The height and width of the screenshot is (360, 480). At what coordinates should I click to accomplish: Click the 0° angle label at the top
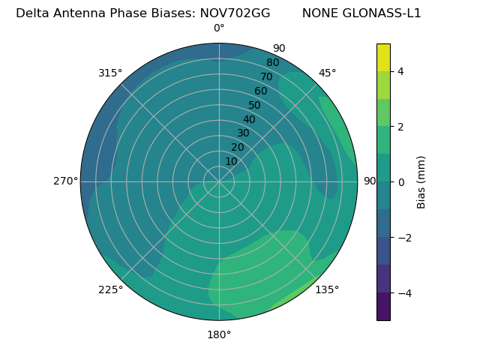coord(219,28)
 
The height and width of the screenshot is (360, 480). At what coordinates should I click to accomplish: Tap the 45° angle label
coord(327,73)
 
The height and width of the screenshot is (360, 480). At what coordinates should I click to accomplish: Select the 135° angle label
coord(327,289)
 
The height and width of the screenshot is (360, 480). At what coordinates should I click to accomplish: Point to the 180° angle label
coord(219,334)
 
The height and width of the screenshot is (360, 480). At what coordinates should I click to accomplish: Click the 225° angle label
coord(110,290)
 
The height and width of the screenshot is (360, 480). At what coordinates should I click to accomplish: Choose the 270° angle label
coord(65,181)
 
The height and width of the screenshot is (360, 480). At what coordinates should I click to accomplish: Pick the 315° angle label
coord(110,73)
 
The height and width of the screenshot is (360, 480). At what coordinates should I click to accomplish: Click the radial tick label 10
coord(231,161)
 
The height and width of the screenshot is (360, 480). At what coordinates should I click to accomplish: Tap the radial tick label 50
coord(255,106)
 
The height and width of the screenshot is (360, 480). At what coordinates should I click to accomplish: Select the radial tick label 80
coord(272,63)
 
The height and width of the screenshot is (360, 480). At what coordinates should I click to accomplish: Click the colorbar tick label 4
coord(401,71)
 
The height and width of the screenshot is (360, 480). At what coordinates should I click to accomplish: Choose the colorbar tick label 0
coord(401,181)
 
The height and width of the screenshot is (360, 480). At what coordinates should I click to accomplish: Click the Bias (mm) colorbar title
coord(421,181)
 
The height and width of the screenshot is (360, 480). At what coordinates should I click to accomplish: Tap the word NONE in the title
coord(319,13)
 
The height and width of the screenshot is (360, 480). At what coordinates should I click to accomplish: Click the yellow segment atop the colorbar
coord(383,57)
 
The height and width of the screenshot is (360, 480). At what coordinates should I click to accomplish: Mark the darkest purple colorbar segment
coord(383,306)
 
